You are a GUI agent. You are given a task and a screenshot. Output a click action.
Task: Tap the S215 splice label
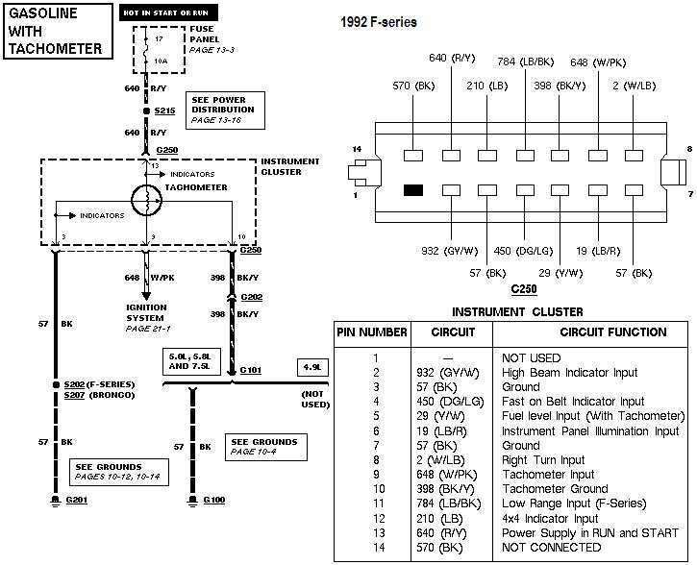[165, 111]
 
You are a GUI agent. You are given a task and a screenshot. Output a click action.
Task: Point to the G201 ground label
[75, 501]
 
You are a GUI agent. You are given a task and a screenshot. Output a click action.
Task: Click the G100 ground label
[213, 501]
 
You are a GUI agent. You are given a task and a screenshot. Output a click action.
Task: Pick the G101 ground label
[251, 369]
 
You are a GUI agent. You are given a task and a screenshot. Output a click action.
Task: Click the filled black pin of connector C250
[414, 190]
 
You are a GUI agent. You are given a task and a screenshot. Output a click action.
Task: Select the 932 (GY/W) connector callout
[449, 251]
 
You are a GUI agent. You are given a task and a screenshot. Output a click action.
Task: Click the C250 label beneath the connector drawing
[523, 288]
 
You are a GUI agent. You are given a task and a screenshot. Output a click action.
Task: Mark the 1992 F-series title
[379, 22]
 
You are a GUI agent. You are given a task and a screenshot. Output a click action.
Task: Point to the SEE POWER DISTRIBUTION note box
[225, 110]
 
